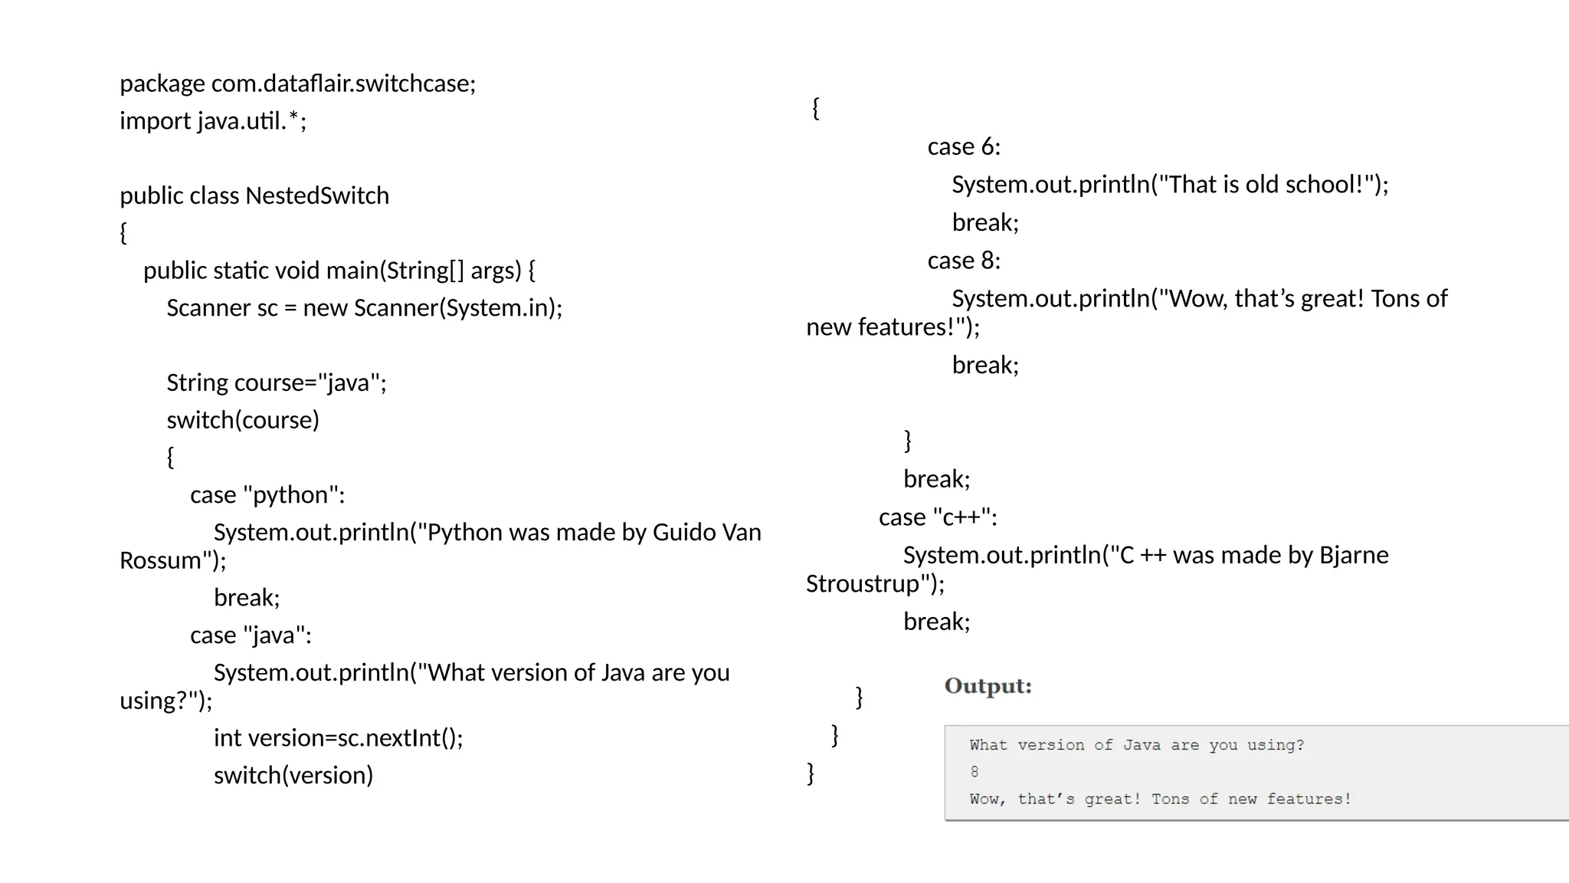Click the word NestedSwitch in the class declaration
click(317, 195)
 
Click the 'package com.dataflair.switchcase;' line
click(297, 83)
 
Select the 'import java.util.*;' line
click(213, 120)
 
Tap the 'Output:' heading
click(988, 685)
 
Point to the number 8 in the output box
click(974, 772)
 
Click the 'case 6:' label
click(964, 146)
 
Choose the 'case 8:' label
click(964, 261)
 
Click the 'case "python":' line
click(267, 495)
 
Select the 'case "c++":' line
click(938, 517)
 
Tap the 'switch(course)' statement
click(243, 420)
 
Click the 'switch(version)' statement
click(293, 775)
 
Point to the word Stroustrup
click(863, 584)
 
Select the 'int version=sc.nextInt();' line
click(338, 737)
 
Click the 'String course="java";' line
click(277, 382)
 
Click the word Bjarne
click(1354, 555)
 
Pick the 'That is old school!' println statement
click(1170, 185)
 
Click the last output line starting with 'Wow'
click(1160, 799)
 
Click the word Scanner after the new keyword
click(395, 307)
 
